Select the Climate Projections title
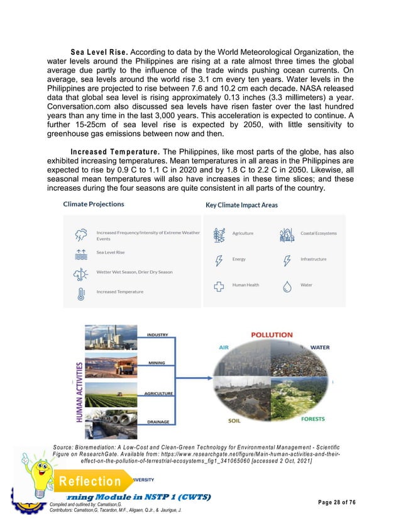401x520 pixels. (94, 204)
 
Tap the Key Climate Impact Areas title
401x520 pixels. (241, 205)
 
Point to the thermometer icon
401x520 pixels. (80, 293)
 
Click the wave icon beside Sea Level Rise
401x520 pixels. (80, 253)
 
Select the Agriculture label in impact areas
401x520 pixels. (243, 233)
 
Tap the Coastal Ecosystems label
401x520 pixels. (318, 233)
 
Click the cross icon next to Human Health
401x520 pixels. (219, 286)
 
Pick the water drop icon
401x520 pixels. (287, 286)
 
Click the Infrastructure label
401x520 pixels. (313, 259)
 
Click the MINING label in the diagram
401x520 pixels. (157, 363)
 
